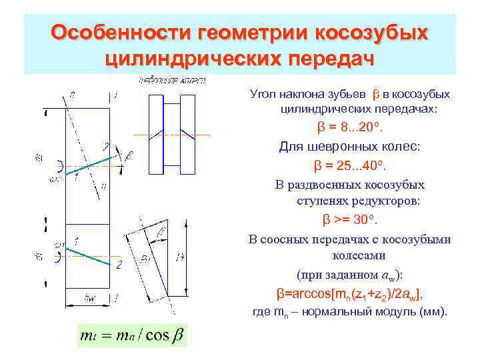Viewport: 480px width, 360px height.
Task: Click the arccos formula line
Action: [x=349, y=293]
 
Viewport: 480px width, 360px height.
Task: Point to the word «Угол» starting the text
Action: [x=262, y=94]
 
